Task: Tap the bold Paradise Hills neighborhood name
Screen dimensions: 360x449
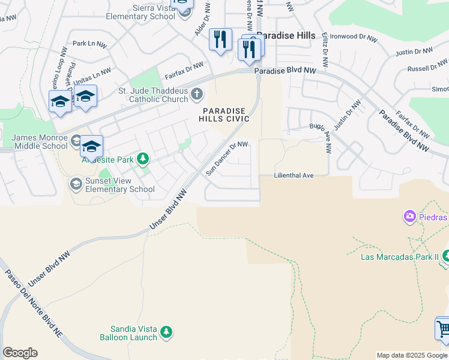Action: coord(286,36)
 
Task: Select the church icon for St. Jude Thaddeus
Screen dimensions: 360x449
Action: coord(196,94)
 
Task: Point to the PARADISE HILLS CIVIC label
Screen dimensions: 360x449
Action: coord(225,115)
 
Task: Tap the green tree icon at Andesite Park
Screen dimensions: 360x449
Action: coord(142,159)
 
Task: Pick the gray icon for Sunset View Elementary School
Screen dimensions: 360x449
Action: coord(76,183)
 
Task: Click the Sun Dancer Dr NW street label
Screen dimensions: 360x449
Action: coord(227,158)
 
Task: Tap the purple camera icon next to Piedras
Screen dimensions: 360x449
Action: coord(410,216)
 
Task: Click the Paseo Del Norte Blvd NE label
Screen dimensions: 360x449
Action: coord(34,302)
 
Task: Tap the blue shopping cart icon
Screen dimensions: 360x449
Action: coord(443,329)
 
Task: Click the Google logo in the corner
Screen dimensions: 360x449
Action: coord(20,353)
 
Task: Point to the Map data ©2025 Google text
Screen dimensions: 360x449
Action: coord(411,355)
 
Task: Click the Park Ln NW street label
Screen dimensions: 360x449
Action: coord(88,44)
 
